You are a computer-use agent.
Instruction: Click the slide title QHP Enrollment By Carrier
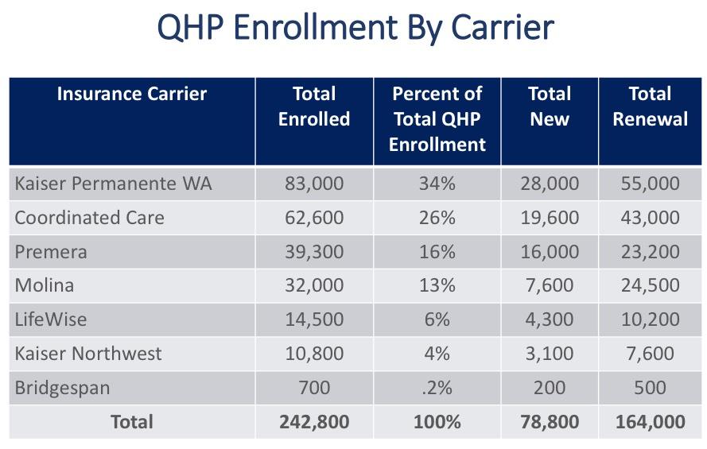click(x=355, y=28)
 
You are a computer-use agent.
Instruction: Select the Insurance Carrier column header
click(x=132, y=94)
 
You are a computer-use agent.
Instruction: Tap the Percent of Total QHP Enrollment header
click(x=437, y=119)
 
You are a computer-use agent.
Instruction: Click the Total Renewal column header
click(x=650, y=106)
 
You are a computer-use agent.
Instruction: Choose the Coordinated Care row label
click(x=89, y=218)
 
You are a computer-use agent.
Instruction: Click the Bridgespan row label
click(x=62, y=388)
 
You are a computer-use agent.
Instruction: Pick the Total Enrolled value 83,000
click(x=314, y=184)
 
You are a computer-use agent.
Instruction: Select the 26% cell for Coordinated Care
click(x=437, y=218)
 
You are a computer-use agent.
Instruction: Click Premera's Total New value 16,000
click(x=550, y=252)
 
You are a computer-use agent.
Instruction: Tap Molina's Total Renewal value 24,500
click(x=650, y=286)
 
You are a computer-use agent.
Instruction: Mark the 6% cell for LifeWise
click(x=437, y=319)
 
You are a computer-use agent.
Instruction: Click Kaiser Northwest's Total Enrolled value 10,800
click(x=314, y=354)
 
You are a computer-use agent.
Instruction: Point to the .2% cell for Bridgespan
click(x=437, y=388)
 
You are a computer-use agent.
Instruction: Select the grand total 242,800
click(x=314, y=422)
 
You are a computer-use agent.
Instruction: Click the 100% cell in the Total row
click(x=437, y=422)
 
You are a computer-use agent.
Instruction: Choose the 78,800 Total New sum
click(x=550, y=422)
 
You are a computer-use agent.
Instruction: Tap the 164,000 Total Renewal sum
click(x=650, y=422)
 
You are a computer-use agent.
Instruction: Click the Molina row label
click(x=45, y=286)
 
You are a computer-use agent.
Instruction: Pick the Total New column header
click(x=550, y=106)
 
